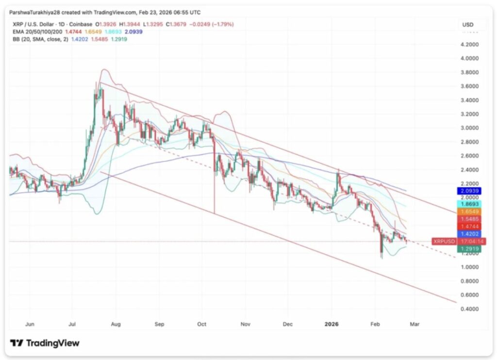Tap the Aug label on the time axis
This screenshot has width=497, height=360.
pyautogui.click(x=115, y=323)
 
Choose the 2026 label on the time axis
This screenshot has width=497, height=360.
pyautogui.click(x=332, y=323)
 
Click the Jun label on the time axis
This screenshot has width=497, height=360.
pyautogui.click(x=29, y=323)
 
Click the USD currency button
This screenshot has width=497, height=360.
pyautogui.click(x=468, y=24)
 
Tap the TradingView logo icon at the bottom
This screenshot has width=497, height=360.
pyautogui.click(x=17, y=343)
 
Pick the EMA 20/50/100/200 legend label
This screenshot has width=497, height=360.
pyautogui.click(x=36, y=31)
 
